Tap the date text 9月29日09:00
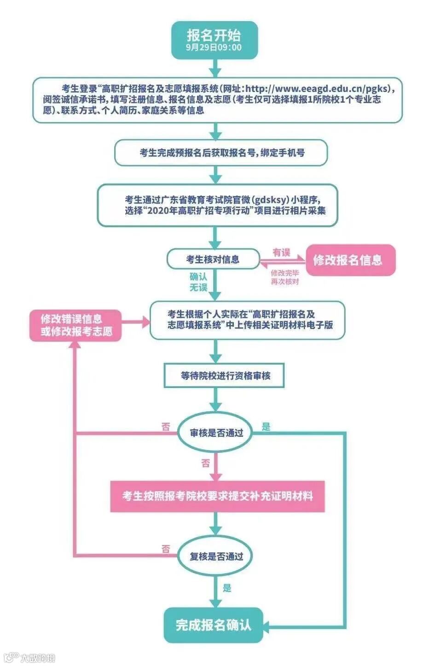coord(214,48)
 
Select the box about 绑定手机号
coord(221,153)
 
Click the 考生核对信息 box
coord(213,260)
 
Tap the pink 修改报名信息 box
coord(350,260)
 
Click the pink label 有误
coord(281,252)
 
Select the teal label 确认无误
coord(198,282)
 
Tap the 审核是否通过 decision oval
coord(216,433)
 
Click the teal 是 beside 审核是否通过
coord(266,426)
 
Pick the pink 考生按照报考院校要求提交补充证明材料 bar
coord(217,496)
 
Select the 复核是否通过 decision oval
coord(216,556)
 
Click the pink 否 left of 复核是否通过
coord(166,549)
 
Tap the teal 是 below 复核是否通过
coord(227,588)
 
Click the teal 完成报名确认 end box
coord(214,625)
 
